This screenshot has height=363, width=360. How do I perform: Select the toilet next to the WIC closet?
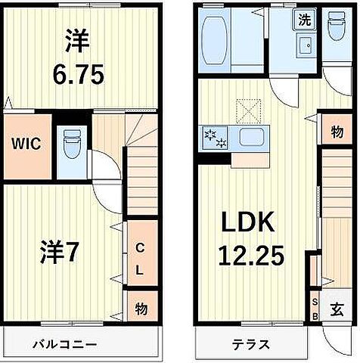71,143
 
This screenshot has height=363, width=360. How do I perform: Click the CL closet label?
140,258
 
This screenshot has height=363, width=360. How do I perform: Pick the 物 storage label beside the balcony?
140,309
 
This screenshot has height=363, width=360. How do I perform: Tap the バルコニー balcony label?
64,345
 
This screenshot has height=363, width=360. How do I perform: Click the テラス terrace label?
251,345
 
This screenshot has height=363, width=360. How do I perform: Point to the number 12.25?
252,256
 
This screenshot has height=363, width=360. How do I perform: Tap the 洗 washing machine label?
303,20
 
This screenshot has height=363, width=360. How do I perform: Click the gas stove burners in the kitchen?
211,138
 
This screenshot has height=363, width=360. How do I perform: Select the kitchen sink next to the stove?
251,138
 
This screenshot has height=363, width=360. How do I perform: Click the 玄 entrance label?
335,310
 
